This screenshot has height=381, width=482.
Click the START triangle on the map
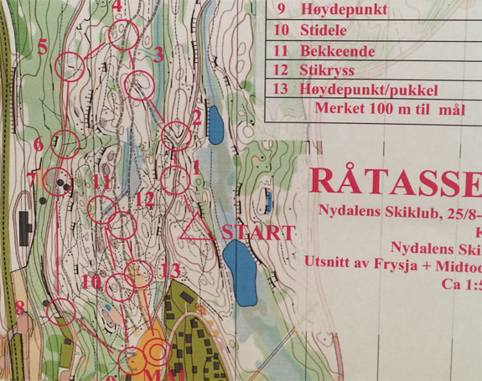coord(198,228)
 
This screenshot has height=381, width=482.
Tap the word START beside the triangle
coord(259,233)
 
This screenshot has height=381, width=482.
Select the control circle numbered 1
coord(175,179)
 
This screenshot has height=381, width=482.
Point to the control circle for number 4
coord(123,35)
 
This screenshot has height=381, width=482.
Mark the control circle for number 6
coord(66,144)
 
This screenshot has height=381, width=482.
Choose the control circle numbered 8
coord(61,312)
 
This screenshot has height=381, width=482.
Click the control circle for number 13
coord(137,273)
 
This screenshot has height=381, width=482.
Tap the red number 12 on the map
coord(144,199)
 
